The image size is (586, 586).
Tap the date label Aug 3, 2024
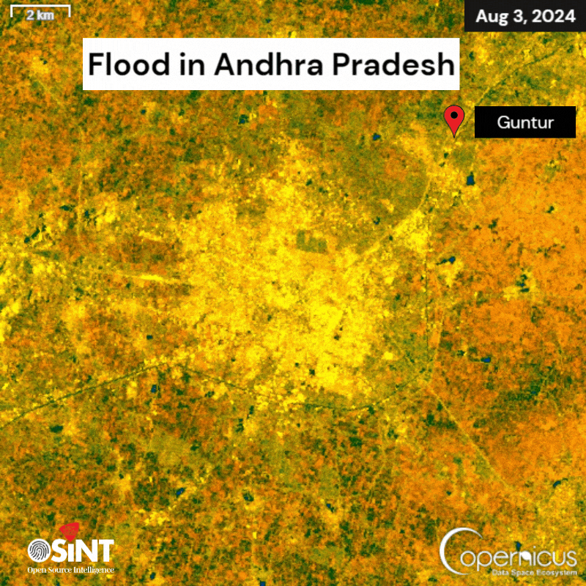524,16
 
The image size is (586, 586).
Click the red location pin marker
455,119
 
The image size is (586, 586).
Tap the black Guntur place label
524,122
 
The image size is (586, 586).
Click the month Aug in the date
492,16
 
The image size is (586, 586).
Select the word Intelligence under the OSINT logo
94,569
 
